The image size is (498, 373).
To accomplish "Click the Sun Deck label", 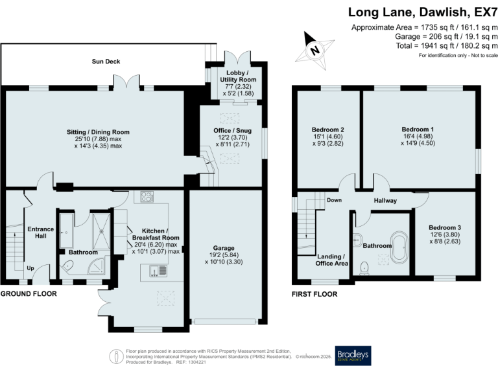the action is click(x=106, y=62).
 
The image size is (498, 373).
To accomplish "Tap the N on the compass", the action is click(x=314, y=51).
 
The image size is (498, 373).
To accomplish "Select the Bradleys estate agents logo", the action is click(x=353, y=356).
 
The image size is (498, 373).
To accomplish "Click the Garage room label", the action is click(x=224, y=248).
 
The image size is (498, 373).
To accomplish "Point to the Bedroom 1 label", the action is click(x=418, y=130).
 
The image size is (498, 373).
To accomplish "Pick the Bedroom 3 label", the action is click(x=445, y=227).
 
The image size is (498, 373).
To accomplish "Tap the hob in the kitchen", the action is click(x=147, y=197).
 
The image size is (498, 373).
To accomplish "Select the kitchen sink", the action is click(x=158, y=271).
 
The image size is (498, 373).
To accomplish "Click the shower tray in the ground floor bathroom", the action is click(x=101, y=232).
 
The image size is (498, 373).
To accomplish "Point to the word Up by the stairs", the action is click(x=30, y=268).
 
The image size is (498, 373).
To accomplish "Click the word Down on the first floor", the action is click(x=334, y=200).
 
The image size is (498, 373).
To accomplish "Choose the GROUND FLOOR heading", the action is click(x=29, y=294).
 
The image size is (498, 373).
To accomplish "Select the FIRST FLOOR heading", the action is click(x=314, y=295).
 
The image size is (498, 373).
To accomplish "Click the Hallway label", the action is click(x=385, y=201).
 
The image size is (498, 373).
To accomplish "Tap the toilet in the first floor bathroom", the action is click(x=364, y=267).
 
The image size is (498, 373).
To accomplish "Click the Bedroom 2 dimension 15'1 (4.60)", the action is click(x=327, y=137).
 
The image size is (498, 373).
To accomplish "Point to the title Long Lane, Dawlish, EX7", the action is click(x=423, y=12).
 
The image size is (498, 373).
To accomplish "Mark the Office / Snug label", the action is click(x=233, y=131).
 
